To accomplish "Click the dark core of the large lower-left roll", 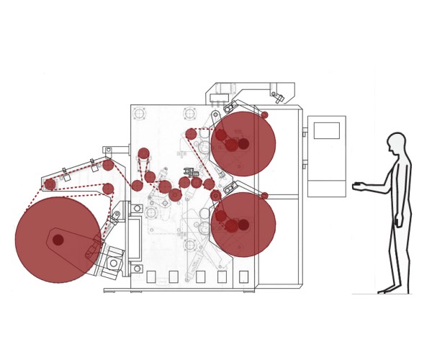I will click(58, 240).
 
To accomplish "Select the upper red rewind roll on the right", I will click(243, 144).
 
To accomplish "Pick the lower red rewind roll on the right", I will click(243, 225).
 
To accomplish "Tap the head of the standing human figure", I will click(396, 143).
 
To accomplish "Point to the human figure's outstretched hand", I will click(358, 187).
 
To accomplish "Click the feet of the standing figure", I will click(389, 289).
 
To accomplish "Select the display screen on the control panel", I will click(326, 130).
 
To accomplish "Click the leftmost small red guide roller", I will click(50, 184).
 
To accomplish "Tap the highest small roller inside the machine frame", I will click(143, 153).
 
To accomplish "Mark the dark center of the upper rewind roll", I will click(243, 144).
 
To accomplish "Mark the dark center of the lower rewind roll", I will click(243, 225).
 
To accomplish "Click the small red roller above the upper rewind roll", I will click(264, 115).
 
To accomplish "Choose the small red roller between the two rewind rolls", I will click(264, 195).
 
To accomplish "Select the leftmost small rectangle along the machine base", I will click(151, 276).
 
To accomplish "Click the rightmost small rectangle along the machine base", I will click(243, 276).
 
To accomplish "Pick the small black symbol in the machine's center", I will click(190, 172).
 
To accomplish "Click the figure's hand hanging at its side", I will click(398, 222).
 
